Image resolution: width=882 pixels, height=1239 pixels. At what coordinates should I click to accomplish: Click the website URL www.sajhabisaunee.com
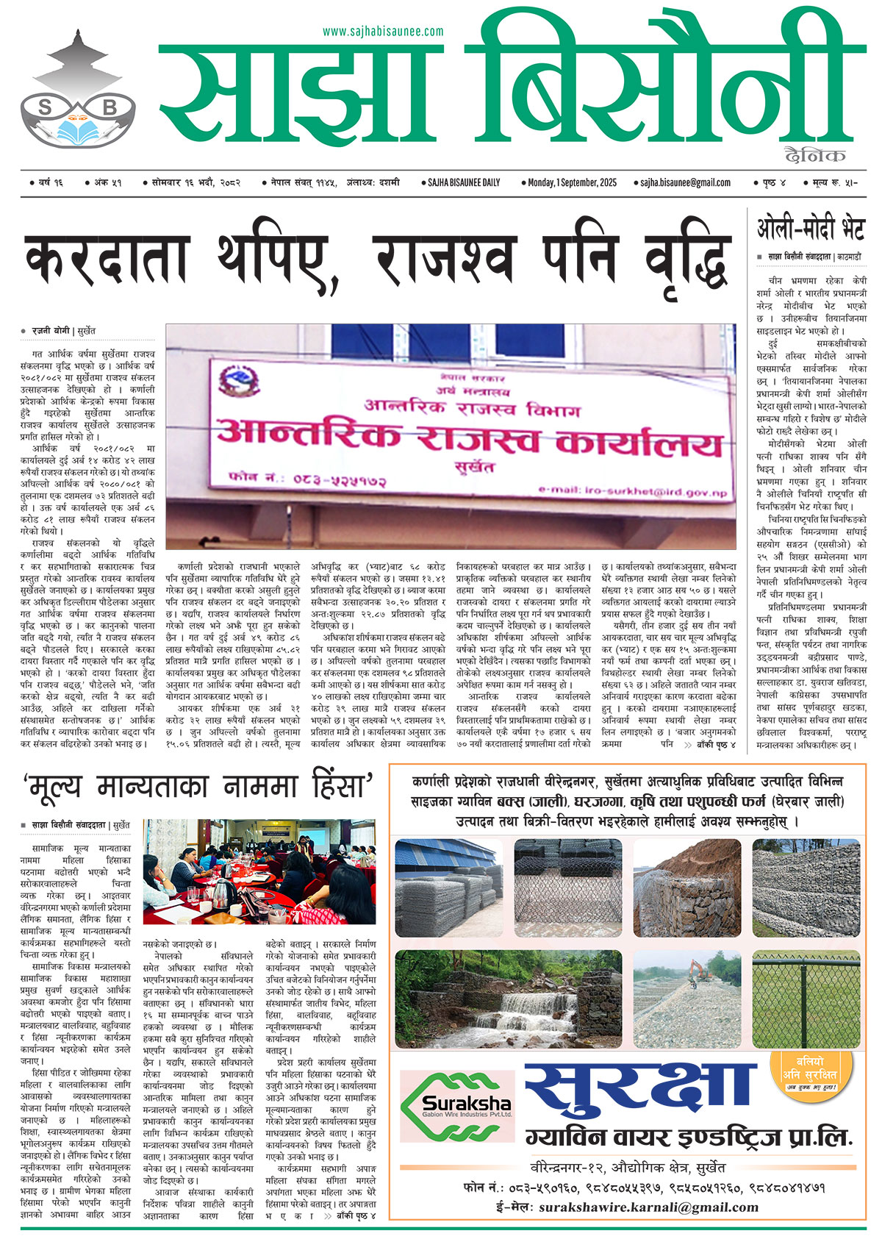tap(383, 31)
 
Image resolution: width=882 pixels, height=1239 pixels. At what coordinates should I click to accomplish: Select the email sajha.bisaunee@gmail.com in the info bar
tap(685, 182)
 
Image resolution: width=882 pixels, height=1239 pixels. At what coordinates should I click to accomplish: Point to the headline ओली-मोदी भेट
tap(811, 230)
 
